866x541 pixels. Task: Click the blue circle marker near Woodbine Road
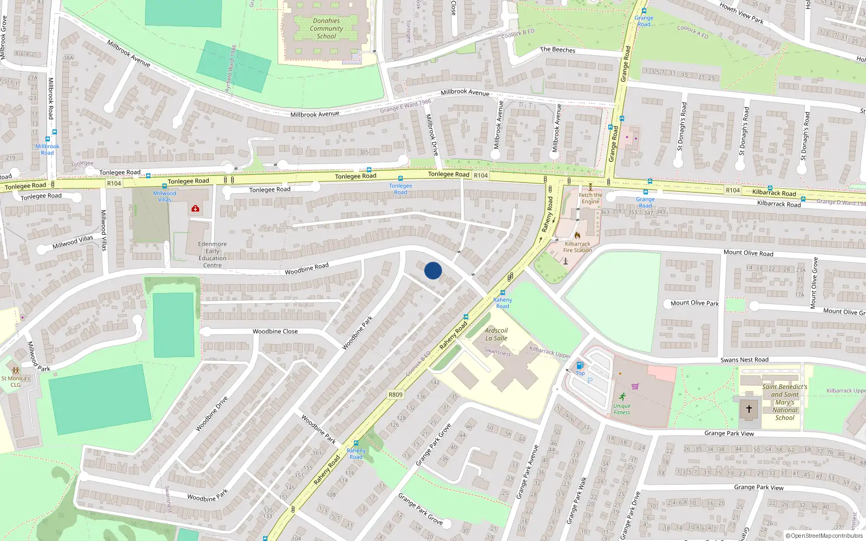433,270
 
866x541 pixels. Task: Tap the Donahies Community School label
326,29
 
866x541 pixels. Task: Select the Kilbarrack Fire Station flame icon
578,235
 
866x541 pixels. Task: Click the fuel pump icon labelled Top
580,366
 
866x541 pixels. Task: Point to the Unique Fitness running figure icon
622,397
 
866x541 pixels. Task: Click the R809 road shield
396,394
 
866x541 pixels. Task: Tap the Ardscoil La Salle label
496,334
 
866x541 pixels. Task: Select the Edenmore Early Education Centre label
212,254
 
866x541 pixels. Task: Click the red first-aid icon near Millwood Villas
195,208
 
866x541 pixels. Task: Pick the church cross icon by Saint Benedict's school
749,409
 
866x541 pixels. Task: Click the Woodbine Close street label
275,332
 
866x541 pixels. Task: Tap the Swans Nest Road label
744,360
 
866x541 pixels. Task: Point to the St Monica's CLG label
16,381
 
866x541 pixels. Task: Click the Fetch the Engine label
590,199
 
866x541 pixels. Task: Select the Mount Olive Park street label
694,303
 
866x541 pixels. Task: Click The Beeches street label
557,50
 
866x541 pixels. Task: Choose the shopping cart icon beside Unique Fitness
635,386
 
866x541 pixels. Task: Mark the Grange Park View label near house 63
759,487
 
